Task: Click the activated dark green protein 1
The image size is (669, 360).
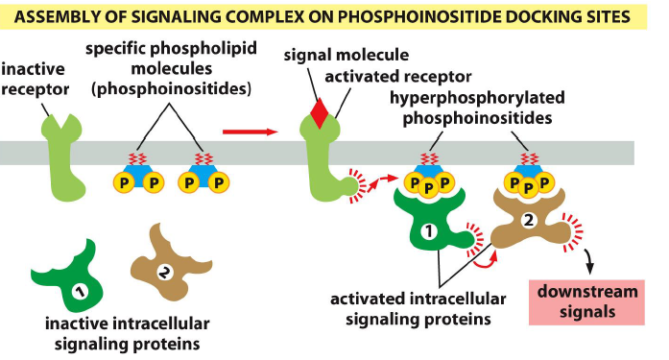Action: point(429,226)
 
